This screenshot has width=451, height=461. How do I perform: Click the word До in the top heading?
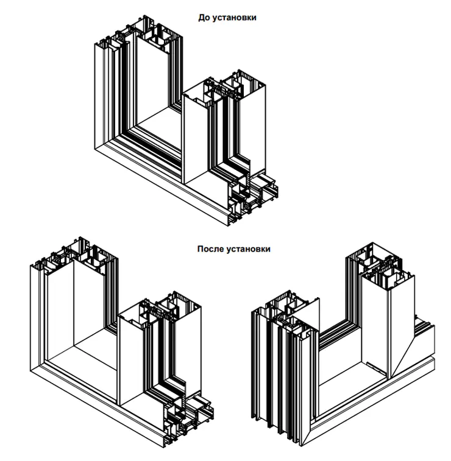click(x=204, y=18)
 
